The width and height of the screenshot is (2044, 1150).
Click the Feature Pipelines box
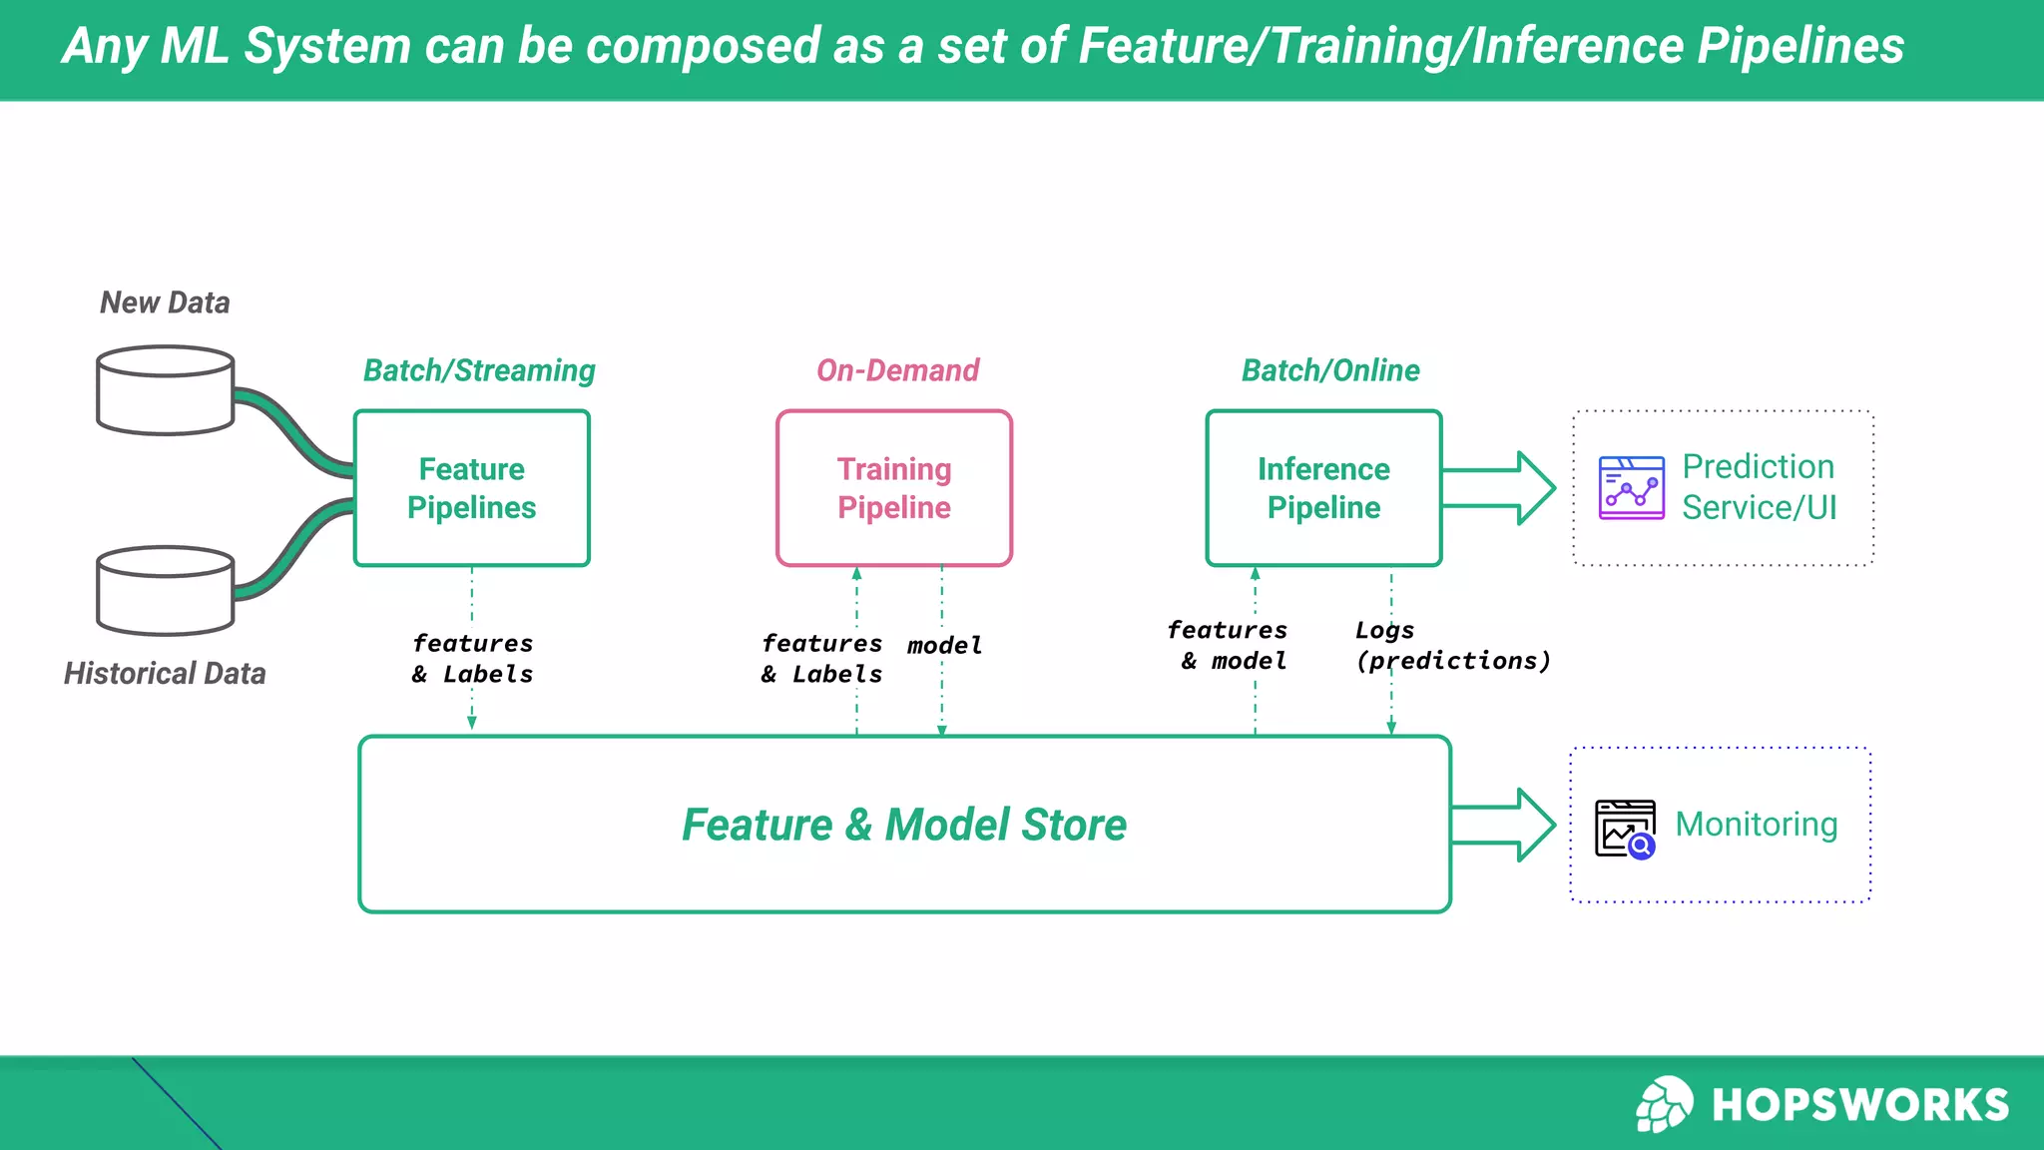pyautogui.click(x=471, y=488)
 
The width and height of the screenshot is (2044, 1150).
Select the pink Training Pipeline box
pyautogui.click(x=893, y=488)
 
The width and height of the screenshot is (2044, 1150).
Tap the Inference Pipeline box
pyautogui.click(x=1323, y=488)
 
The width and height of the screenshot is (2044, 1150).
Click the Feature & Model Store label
pyautogui.click(x=904, y=825)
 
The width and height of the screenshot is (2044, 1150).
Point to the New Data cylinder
pyautogui.click(x=166, y=390)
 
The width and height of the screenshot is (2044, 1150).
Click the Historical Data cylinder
pyautogui.click(x=166, y=590)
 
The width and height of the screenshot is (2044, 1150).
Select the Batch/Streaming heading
pyautogui.click(x=479, y=370)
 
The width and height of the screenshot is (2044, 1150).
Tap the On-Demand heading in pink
pyautogui.click(x=897, y=370)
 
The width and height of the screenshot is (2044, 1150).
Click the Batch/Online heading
pyautogui.click(x=1330, y=370)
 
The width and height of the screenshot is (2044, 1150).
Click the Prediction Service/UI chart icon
pyautogui.click(x=1631, y=488)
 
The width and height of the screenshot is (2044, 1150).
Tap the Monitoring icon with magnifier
pyautogui.click(x=1625, y=829)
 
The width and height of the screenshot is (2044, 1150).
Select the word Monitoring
pyautogui.click(x=1757, y=825)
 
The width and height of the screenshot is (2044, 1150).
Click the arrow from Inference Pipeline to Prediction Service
pyautogui.click(x=1500, y=488)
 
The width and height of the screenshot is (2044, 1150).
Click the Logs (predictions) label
pyautogui.click(x=1452, y=646)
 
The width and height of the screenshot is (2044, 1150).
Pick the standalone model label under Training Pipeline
pyautogui.click(x=944, y=646)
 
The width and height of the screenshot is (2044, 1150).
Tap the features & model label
pyautogui.click(x=1228, y=646)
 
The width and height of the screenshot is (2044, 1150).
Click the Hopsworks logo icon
pyautogui.click(x=1664, y=1104)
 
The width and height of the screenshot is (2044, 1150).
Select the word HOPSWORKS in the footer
pyautogui.click(x=1860, y=1105)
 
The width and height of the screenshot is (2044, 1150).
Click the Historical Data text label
pyautogui.click(x=166, y=674)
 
